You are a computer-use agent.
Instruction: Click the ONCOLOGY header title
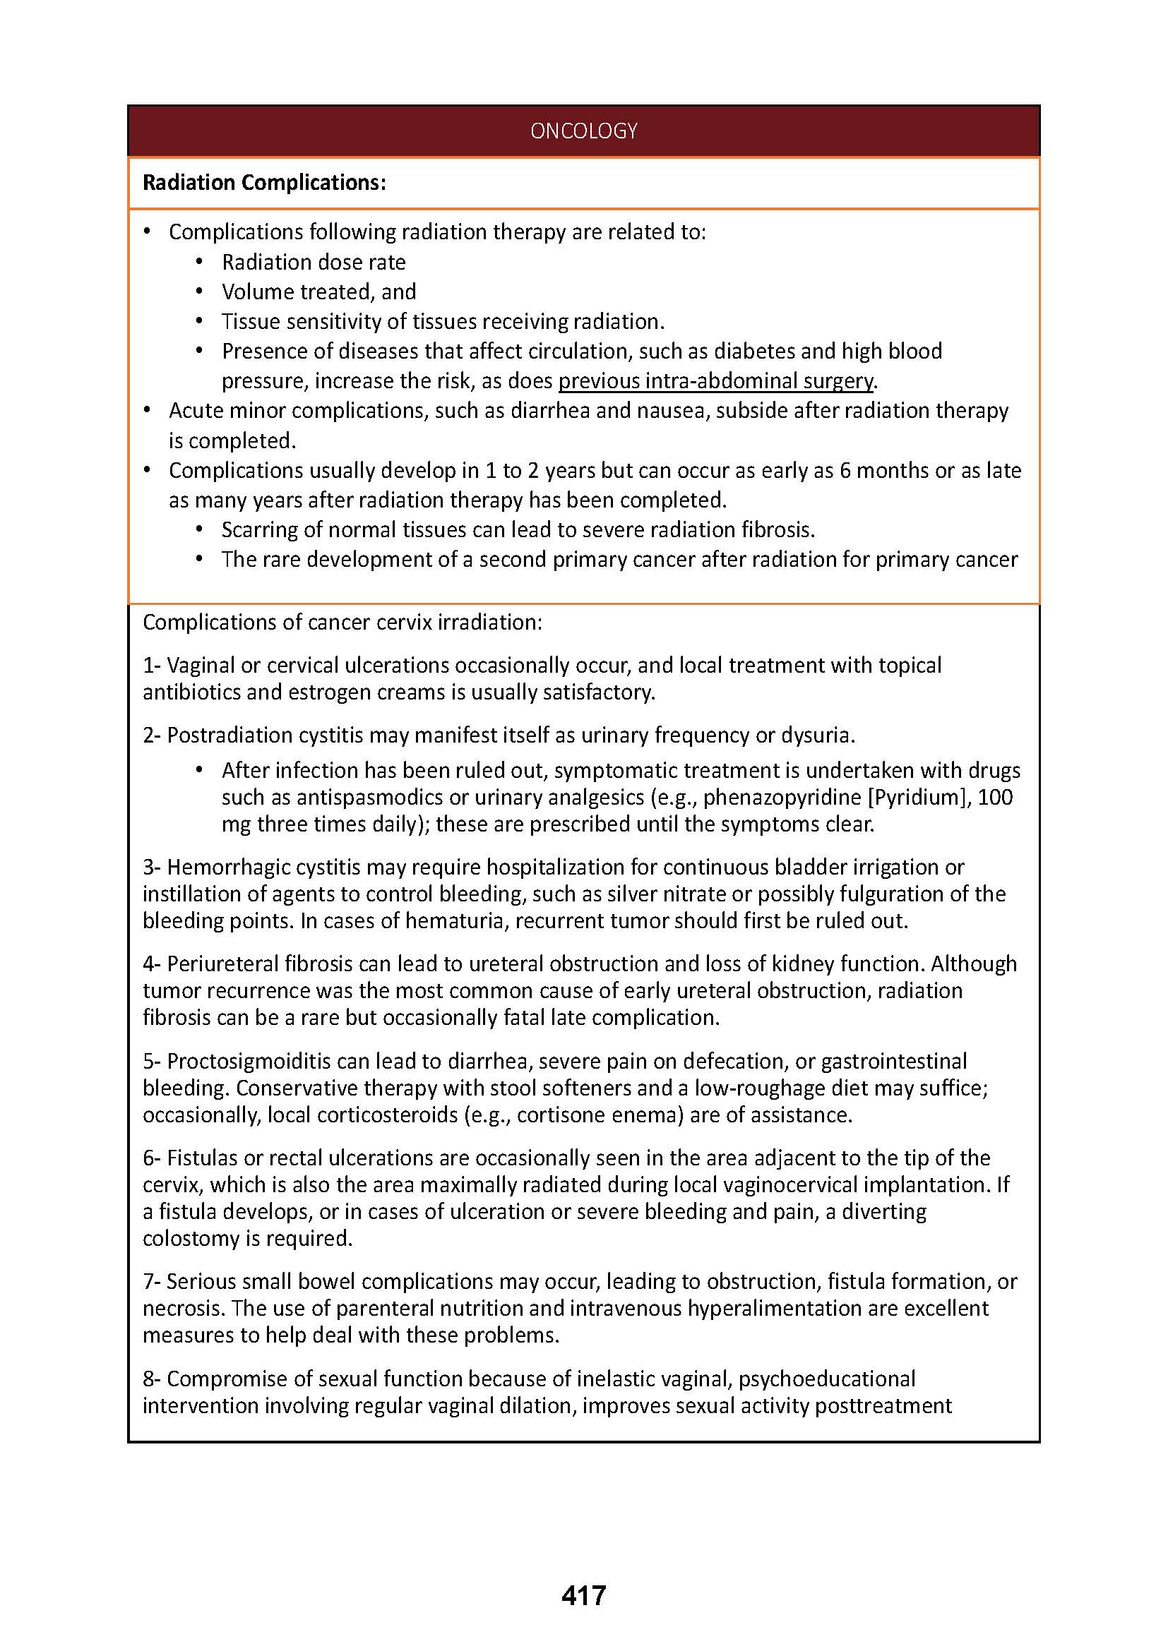coord(583,131)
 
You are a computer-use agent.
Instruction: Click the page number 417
coord(583,1595)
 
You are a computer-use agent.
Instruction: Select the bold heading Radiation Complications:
coord(264,183)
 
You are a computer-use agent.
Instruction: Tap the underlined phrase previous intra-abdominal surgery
coord(715,380)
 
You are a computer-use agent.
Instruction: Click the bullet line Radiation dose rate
coord(314,262)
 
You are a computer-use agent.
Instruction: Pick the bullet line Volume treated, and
coord(318,292)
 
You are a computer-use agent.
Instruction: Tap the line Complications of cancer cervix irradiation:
coord(342,622)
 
